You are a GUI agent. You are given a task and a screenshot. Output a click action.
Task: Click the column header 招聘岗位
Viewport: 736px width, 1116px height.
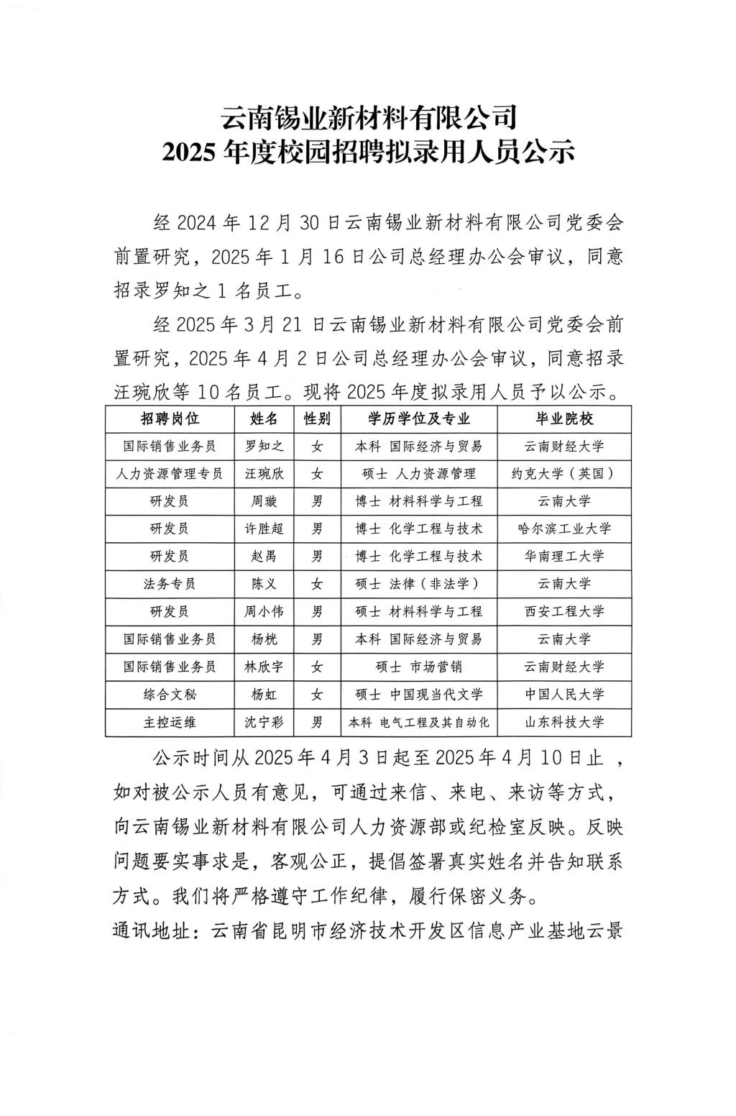[170, 418]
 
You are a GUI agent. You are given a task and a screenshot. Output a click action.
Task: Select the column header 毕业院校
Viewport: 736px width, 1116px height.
[564, 418]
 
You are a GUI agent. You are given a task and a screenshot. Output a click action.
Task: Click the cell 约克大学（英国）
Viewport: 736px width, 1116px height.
[564, 474]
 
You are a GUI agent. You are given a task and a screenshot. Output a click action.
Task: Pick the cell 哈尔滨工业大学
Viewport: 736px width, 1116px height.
[564, 529]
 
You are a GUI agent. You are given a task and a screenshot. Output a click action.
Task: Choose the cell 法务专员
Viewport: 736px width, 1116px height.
[170, 584]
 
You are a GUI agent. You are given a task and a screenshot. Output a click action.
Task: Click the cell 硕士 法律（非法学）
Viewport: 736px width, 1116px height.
[418, 584]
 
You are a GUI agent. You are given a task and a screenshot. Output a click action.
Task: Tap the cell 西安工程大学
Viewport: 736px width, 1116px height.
[564, 612]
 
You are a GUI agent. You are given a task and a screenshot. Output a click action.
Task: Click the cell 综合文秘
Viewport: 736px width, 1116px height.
[170, 695]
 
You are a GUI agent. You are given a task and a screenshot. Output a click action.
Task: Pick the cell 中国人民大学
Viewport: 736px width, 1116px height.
[564, 695]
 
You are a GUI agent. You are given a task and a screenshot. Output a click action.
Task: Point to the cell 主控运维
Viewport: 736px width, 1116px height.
[170, 722]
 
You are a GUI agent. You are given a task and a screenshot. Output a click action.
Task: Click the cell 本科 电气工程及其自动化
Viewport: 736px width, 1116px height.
[418, 722]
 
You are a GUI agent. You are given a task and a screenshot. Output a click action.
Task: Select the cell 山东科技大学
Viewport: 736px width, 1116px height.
[564, 722]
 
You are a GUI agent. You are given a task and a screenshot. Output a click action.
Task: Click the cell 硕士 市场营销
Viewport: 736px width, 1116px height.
[418, 667]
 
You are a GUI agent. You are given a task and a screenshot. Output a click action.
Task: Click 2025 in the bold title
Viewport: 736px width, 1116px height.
[190, 152]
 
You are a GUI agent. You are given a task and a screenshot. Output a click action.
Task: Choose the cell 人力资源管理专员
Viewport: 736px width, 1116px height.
[170, 474]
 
